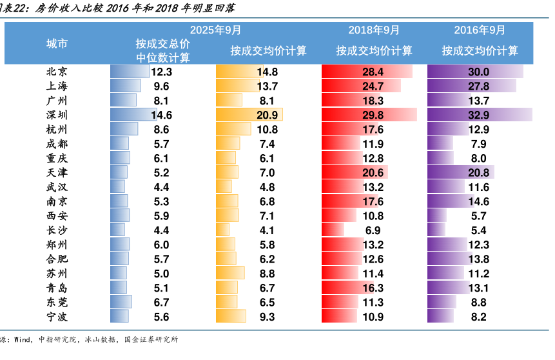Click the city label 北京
click(57, 72)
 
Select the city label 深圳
click(57, 115)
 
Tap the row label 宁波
click(57, 317)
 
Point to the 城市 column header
click(57, 44)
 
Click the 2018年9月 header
click(374, 30)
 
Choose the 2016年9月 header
click(480, 30)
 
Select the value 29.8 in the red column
click(373, 115)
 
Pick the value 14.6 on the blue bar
click(161, 115)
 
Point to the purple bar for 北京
click(475, 72)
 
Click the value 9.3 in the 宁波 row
click(267, 317)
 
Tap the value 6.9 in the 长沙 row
click(373, 230)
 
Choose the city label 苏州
click(57, 274)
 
